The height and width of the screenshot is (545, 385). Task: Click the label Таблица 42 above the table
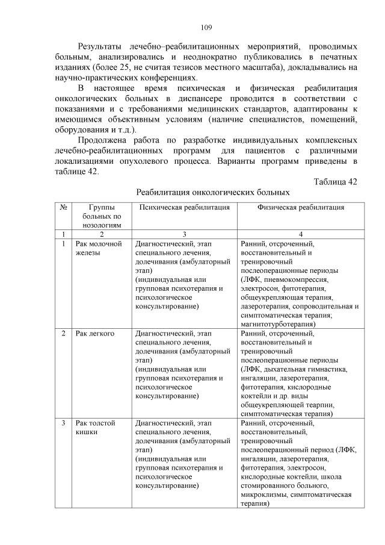tap(336, 182)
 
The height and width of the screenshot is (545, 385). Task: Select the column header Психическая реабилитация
tap(183, 207)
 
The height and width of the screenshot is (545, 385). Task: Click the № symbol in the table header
tap(64, 207)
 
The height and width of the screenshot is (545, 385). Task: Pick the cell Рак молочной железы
tap(99, 248)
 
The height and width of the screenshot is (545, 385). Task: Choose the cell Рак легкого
tap(95, 333)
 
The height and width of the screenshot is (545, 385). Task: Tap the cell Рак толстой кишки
tap(96, 428)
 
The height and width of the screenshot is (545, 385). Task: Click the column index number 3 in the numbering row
tap(184, 234)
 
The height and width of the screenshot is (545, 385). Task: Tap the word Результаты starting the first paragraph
tap(102, 46)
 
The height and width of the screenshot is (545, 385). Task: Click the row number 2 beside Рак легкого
tap(64, 333)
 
